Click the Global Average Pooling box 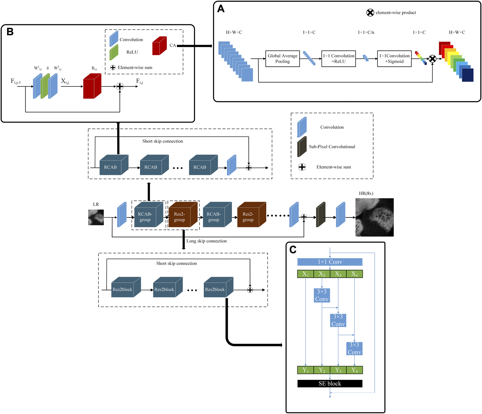tap(282, 59)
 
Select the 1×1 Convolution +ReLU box tap(338, 59)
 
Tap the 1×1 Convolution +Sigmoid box tap(394, 59)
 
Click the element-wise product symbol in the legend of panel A tap(370, 13)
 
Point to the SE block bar tap(330, 384)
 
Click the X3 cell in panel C tap(338, 274)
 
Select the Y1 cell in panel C tap(305, 370)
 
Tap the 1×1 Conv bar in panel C tap(330, 262)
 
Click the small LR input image tap(96, 217)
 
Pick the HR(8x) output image tap(374, 217)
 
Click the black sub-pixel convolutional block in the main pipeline tap(320, 215)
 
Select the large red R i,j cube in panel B tap(92, 87)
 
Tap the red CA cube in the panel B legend tap(159, 46)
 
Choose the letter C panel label tap(293, 250)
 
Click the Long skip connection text tap(206, 241)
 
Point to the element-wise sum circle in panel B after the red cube tap(120, 87)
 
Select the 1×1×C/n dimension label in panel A tap(366, 32)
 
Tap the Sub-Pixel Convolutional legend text tap(332, 147)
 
